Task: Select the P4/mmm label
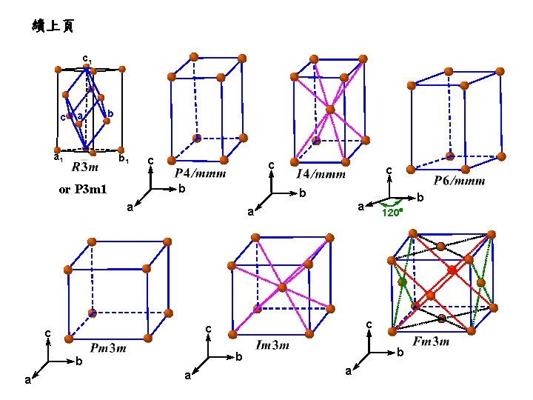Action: point(200,173)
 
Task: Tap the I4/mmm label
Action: point(321,175)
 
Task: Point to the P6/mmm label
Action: point(459,181)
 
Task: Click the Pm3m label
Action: point(108,347)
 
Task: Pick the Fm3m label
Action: point(431,341)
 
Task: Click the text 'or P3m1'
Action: point(83,190)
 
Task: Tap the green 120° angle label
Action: point(392,213)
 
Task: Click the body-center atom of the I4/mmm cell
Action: point(330,110)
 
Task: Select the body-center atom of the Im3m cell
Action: point(281,287)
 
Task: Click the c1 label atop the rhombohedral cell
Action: point(87,57)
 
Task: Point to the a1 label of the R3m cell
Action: point(57,158)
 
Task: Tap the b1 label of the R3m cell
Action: point(124,159)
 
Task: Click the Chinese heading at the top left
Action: point(53,27)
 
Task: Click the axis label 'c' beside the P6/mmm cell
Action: point(389,171)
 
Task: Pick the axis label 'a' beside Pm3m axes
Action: point(27,380)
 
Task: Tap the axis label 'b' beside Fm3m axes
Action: point(400,353)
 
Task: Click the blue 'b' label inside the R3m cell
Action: point(110,113)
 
